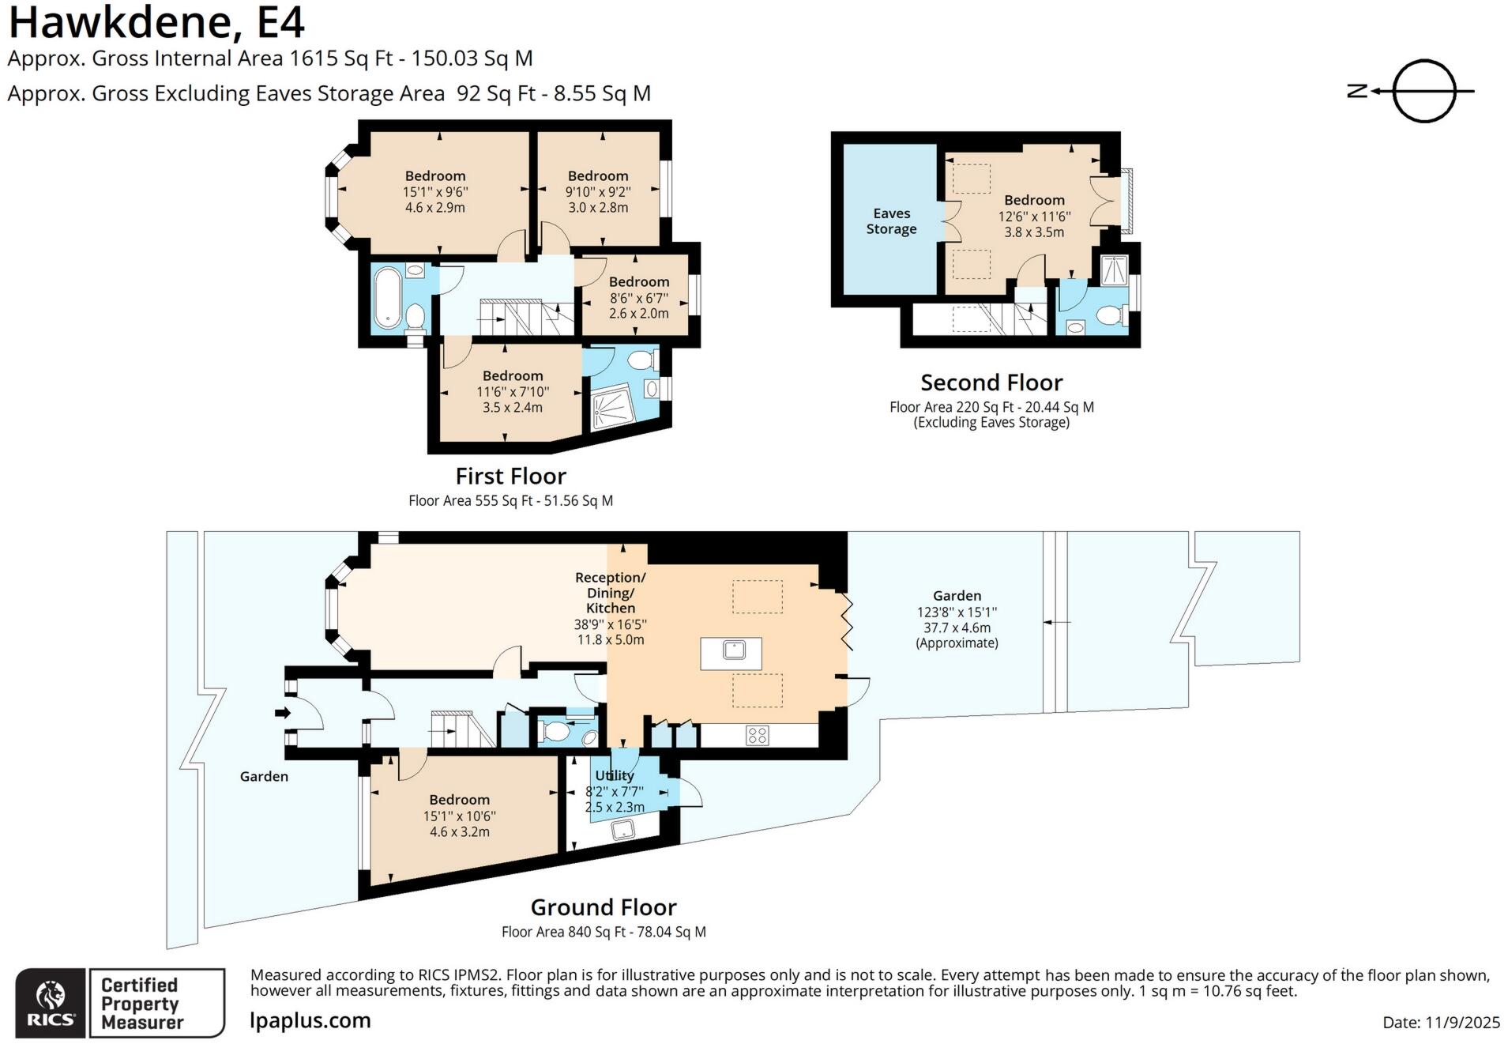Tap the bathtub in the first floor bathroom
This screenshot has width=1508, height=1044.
(387, 298)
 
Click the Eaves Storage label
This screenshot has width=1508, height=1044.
(891, 221)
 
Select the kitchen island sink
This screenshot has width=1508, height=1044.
(734, 650)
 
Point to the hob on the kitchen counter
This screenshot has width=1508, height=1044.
(757, 735)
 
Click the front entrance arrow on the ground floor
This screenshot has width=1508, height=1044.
(282, 713)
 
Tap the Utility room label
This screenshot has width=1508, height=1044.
(615, 775)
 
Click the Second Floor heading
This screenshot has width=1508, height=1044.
(991, 383)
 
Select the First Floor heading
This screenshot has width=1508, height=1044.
(510, 476)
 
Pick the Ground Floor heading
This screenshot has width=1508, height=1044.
(604, 906)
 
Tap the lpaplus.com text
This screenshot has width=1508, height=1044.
(310, 1020)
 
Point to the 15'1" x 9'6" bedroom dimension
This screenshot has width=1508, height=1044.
(435, 191)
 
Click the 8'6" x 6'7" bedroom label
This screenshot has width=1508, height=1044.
(638, 297)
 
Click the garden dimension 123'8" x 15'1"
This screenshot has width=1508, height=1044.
(957, 612)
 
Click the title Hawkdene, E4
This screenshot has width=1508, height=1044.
(156, 22)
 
